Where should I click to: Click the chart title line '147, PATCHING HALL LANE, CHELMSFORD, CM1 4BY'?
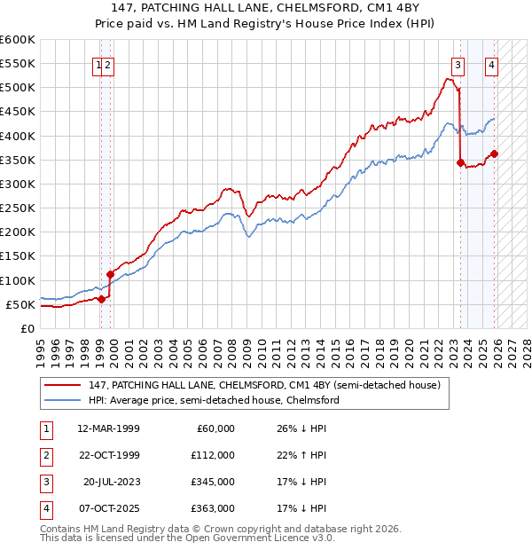tap(265, 9)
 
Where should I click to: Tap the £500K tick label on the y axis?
tap(18, 88)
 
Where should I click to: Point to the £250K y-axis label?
tap(18, 208)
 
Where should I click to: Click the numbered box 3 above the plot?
tap(458, 64)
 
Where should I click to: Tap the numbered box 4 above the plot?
tap(490, 64)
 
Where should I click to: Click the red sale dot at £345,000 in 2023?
tap(460, 162)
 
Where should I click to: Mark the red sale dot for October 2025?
tap(494, 153)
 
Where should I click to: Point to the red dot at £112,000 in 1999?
tap(111, 274)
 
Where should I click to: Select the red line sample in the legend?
tap(64, 385)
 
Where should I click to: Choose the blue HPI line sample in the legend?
tap(64, 400)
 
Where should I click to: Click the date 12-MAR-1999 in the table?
tap(108, 428)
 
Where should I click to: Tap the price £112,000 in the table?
tap(213, 455)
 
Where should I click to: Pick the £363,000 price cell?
tap(213, 508)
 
